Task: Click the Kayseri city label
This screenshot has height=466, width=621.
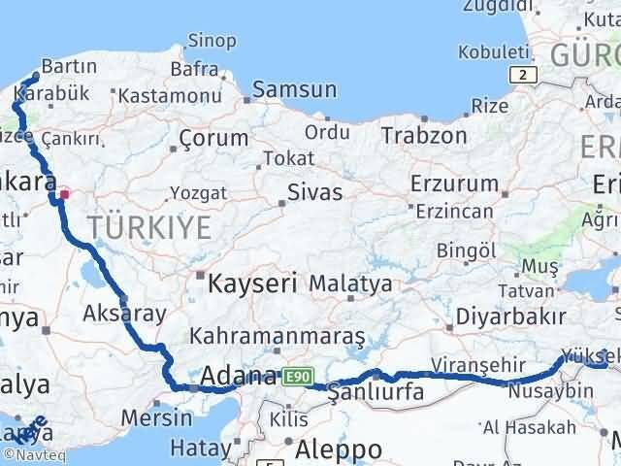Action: point(253,283)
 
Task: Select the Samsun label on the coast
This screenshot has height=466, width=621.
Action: point(295,90)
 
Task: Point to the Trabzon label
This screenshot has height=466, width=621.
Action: point(424,135)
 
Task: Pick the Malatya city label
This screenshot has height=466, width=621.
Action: point(351,284)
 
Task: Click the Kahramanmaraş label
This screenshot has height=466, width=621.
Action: point(278,336)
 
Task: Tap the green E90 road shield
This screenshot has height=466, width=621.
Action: point(296,375)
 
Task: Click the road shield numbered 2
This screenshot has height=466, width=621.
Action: point(524,74)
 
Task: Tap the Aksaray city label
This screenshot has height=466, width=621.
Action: point(125,313)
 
